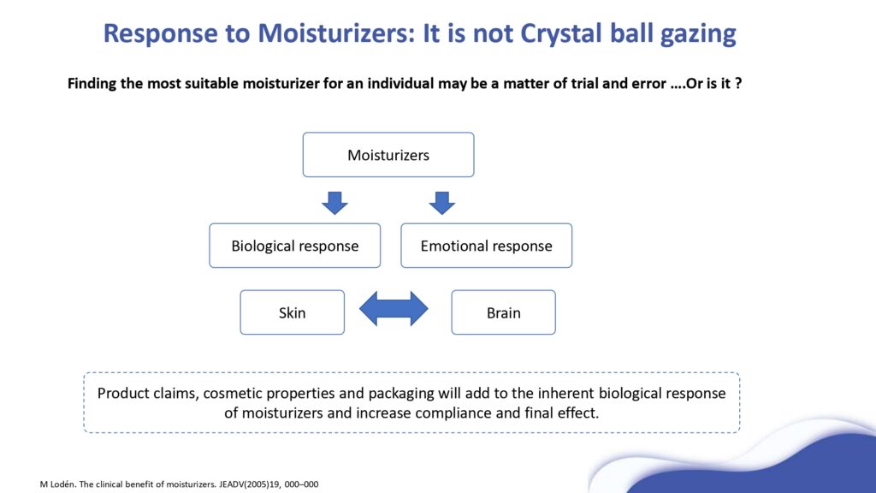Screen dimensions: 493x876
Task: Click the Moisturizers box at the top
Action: click(x=388, y=155)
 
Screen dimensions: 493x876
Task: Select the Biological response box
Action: click(x=294, y=246)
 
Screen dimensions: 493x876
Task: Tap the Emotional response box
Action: click(x=486, y=246)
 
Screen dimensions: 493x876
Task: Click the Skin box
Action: click(x=292, y=312)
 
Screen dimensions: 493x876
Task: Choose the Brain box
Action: click(x=503, y=312)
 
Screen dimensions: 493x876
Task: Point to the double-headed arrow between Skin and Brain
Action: click(x=394, y=309)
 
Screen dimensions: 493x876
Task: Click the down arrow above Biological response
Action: click(x=334, y=202)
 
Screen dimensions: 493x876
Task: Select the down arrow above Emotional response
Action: click(x=441, y=202)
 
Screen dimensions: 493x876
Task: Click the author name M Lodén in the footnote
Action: click(x=60, y=484)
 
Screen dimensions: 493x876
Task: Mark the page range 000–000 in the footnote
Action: click(x=300, y=484)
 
